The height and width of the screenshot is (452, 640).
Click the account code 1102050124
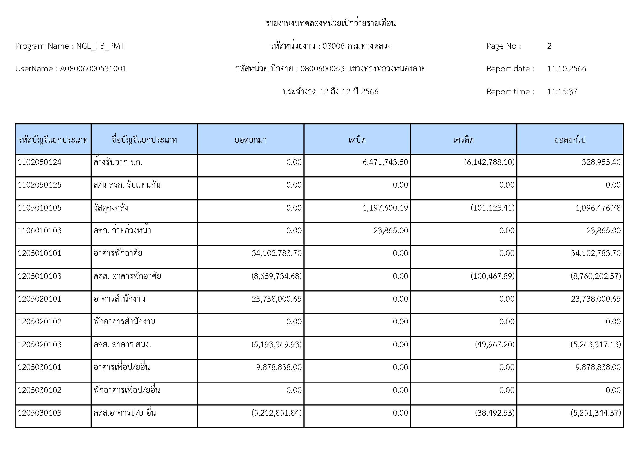pos(39,162)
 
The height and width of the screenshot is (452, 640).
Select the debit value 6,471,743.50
pos(385,162)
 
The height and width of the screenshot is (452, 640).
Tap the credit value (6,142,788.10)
pos(489,162)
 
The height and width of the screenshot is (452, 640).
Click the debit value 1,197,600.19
pos(385,208)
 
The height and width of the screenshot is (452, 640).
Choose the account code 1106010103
pos(39,231)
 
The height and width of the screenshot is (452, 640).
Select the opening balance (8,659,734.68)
pos(276,276)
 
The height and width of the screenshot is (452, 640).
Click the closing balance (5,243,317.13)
pos(595,345)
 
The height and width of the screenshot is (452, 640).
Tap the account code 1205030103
pos(39,413)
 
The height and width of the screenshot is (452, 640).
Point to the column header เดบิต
pos(357,139)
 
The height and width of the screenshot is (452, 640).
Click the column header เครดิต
pos(463,139)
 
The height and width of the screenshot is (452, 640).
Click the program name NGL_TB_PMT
pos(100,46)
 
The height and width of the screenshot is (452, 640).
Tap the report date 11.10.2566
pos(566,69)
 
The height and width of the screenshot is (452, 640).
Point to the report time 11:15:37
pos(562,92)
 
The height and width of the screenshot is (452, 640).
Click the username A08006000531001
pos(93,69)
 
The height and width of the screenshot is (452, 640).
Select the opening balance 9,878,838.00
pos(279,367)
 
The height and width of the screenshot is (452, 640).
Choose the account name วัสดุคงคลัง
pos(111,208)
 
